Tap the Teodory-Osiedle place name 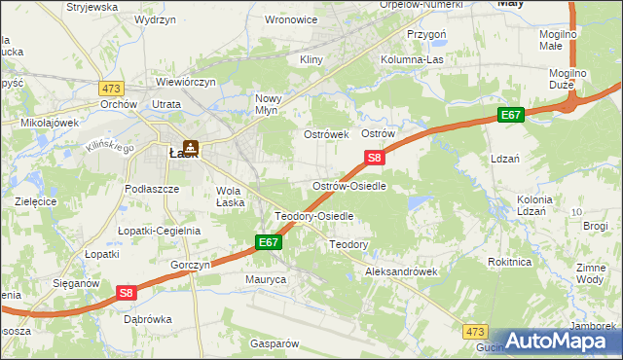(313, 216)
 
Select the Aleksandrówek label (401, 272)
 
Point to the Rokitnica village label (510, 261)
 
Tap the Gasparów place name (274, 343)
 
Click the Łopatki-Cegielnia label (159, 231)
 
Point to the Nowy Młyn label (268, 104)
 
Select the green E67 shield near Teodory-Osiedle (270, 242)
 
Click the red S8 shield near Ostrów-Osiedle (375, 157)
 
